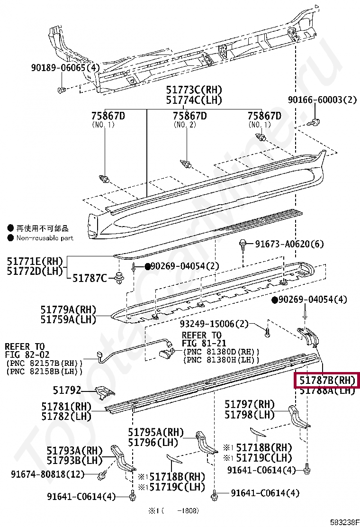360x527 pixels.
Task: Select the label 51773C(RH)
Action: (194, 90)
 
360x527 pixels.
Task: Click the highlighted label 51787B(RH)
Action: (326, 380)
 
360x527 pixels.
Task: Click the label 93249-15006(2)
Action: (214, 324)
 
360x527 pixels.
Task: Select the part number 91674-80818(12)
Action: (48, 473)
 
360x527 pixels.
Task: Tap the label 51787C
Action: (89, 278)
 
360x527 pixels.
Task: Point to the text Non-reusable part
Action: (45, 238)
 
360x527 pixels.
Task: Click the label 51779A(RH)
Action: (68, 309)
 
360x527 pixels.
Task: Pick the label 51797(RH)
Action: (250, 404)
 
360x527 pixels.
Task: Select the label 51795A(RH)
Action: (156, 432)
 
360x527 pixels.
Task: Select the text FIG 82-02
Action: (27, 354)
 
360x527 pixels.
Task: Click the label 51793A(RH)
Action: (74, 450)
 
